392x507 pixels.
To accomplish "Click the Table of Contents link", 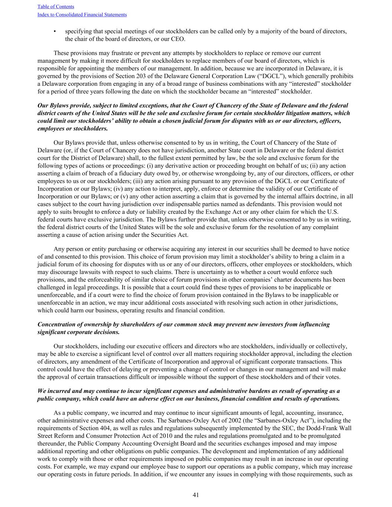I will pyautogui.click(x=56, y=7).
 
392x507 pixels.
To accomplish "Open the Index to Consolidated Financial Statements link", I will pyautogui.click(x=82, y=15).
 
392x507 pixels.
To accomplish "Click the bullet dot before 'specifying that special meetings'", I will pyautogui.click(x=55, y=31).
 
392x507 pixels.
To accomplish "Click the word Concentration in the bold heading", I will pyautogui.click(x=56, y=325).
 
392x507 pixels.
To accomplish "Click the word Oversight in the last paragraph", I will pyautogui.click(x=174, y=443).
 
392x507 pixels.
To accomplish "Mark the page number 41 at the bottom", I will pyautogui.click(x=196, y=495).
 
